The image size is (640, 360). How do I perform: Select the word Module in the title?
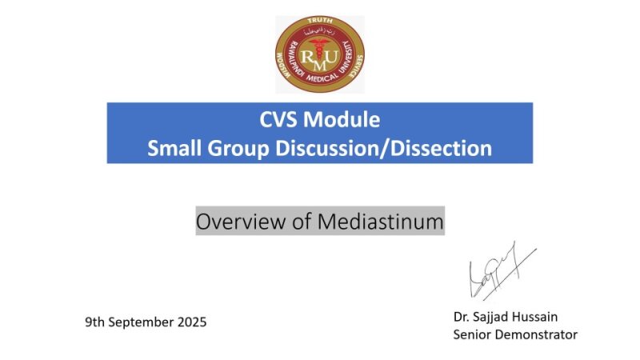(343, 121)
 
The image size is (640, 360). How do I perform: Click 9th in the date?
(96, 322)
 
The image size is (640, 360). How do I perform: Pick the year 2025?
(191, 322)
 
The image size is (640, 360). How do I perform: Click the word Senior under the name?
(472, 334)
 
